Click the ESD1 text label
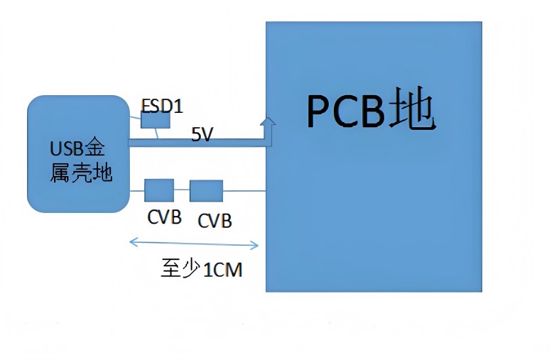(x=162, y=107)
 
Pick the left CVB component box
(x=158, y=190)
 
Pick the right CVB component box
(x=206, y=191)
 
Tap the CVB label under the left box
(x=164, y=217)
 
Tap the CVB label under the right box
(x=214, y=221)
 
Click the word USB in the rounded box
(x=67, y=149)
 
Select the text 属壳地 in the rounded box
(x=81, y=173)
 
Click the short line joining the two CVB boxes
(x=181, y=190)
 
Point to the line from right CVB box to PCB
(x=244, y=190)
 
